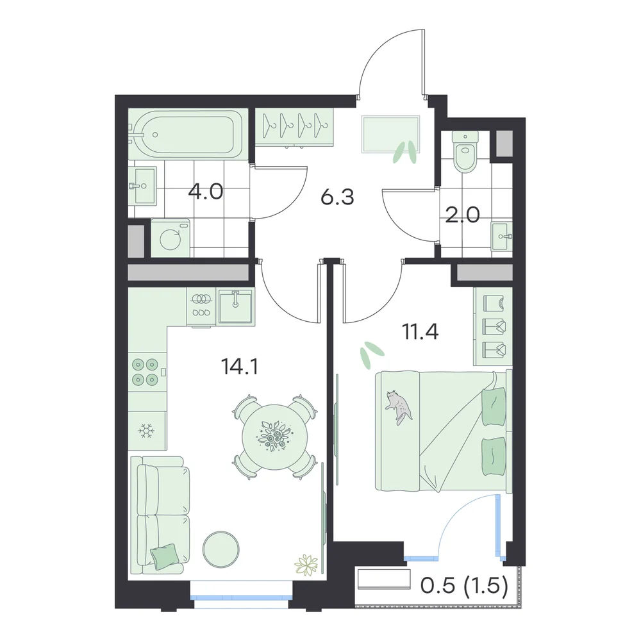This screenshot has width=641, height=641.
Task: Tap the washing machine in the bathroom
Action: [x=170, y=238]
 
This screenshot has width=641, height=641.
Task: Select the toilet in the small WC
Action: [x=465, y=151]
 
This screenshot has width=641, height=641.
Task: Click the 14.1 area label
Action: [x=239, y=367]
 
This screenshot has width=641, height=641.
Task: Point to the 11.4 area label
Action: [x=420, y=331]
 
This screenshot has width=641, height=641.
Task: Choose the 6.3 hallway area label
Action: [x=337, y=197]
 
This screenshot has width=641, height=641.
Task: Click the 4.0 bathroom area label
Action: [x=206, y=191]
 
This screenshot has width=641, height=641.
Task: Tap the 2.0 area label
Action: [x=462, y=215]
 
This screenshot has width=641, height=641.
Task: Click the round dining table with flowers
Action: [x=273, y=437]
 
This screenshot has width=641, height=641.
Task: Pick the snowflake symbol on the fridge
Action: [x=146, y=431]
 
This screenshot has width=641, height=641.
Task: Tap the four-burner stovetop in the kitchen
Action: [x=145, y=372]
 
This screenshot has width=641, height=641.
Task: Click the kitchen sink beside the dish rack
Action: [x=235, y=306]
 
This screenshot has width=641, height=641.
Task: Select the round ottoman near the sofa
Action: [x=221, y=549]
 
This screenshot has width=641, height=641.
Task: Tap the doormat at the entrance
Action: [x=391, y=134]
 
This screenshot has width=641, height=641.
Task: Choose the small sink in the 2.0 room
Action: [x=501, y=236]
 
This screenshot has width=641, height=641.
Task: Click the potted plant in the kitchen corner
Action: [x=306, y=565]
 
